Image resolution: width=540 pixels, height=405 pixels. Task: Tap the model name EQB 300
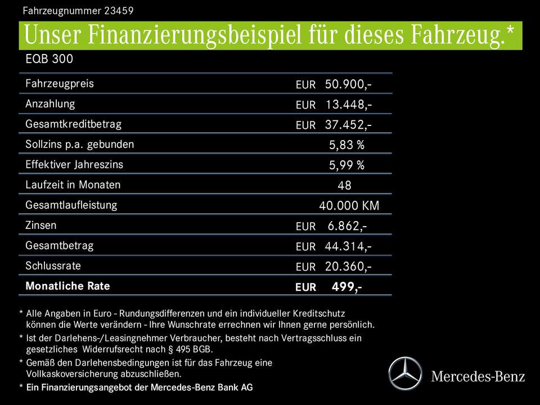[x=49, y=59]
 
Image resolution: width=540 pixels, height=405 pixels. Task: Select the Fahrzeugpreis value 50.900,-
[x=348, y=84]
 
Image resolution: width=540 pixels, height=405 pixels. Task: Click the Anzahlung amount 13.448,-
[x=348, y=105]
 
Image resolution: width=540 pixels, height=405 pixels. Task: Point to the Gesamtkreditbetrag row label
[x=73, y=124]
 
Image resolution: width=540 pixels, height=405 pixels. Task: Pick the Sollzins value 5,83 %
[x=346, y=145]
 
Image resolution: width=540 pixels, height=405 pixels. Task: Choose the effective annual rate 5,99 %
[x=346, y=165]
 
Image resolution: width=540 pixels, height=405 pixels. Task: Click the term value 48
[x=344, y=185]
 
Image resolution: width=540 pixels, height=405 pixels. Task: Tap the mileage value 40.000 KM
[x=349, y=206]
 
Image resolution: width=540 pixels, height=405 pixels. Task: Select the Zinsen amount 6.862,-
[x=347, y=226]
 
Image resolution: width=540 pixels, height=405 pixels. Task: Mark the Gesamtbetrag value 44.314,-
[x=348, y=246]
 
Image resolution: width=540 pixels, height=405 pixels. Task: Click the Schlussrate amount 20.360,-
[x=348, y=267]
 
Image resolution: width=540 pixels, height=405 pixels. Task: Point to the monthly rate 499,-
[x=346, y=287]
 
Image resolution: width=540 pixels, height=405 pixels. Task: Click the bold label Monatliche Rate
[x=67, y=286]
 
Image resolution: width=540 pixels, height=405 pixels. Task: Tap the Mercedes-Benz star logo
[x=406, y=374]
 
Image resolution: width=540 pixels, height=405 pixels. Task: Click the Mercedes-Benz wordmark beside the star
[x=478, y=376]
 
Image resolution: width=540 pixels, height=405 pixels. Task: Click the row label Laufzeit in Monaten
[x=73, y=184]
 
